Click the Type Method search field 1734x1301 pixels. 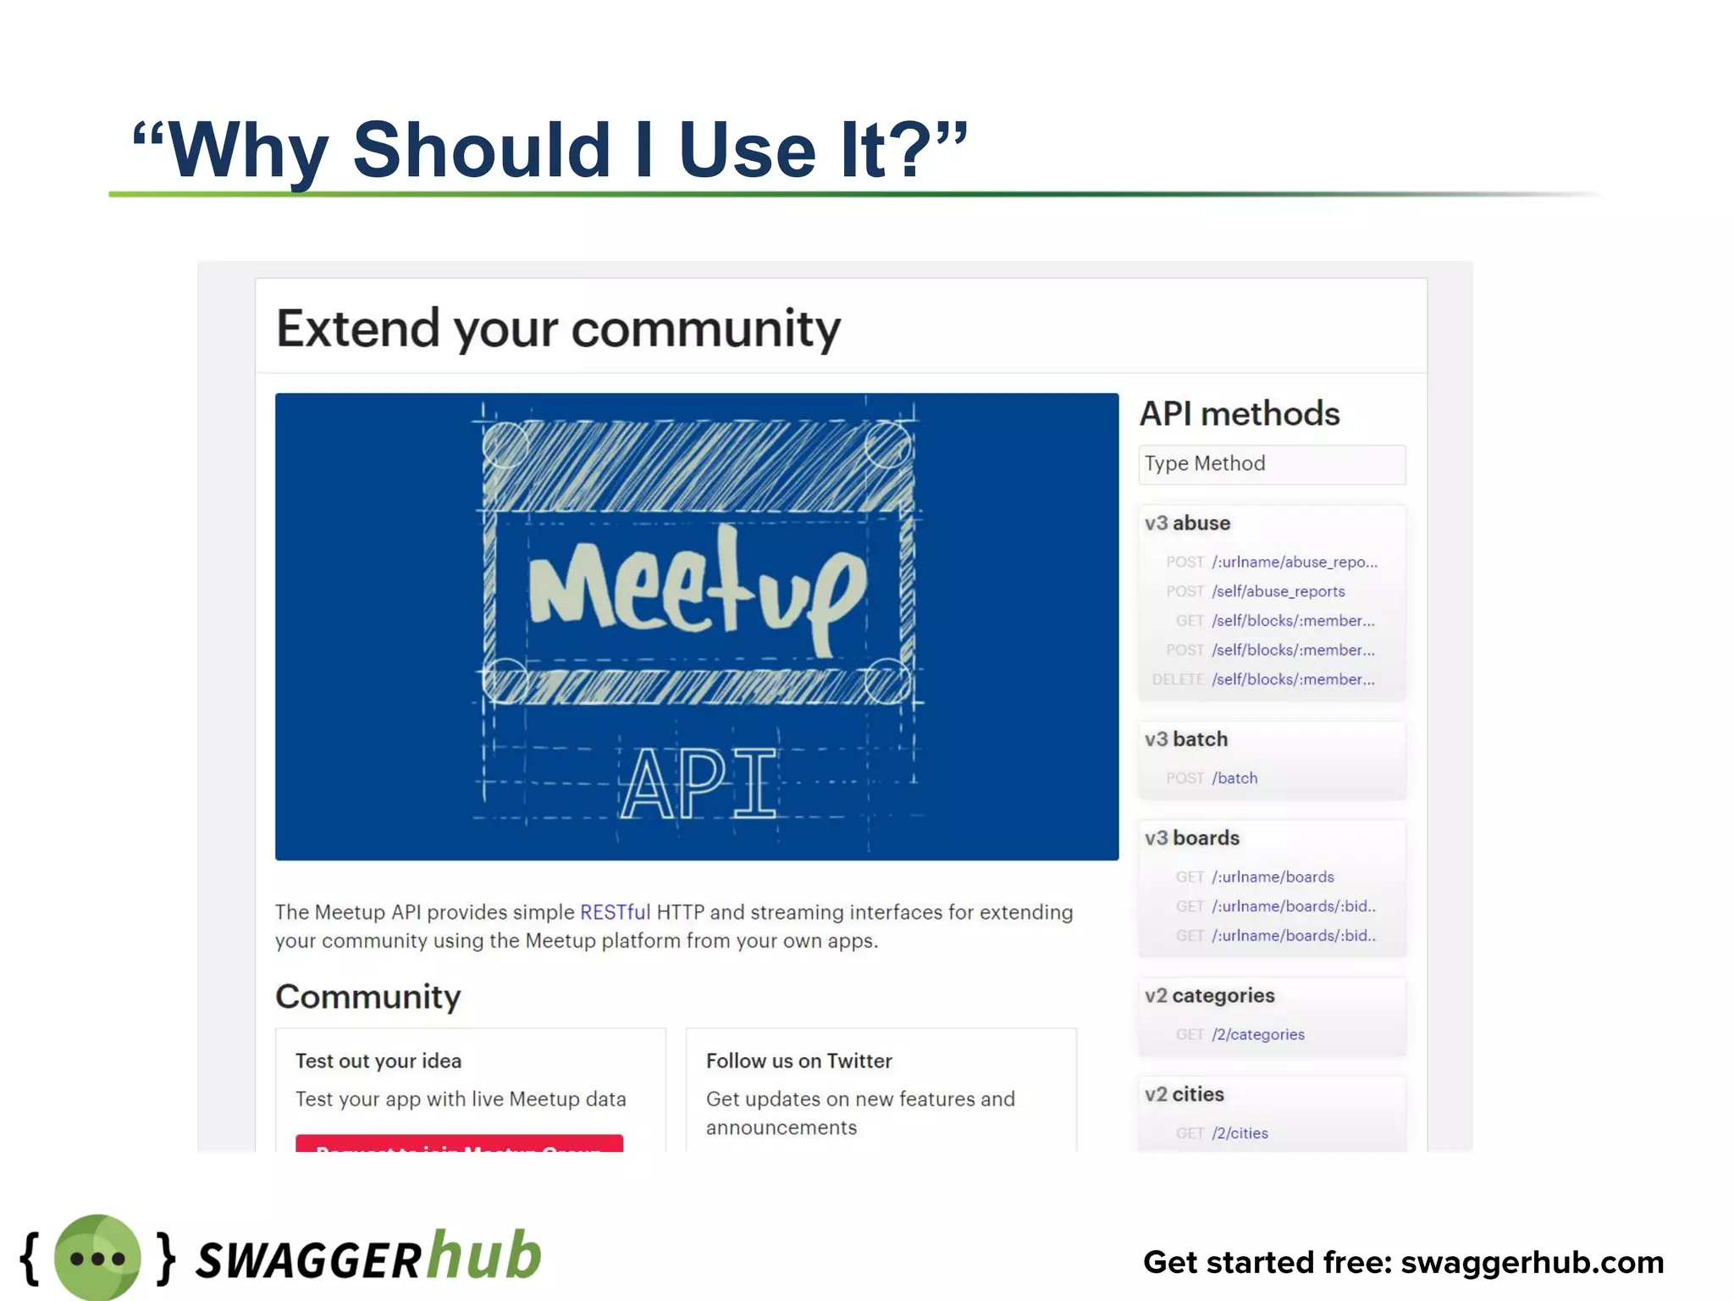click(x=1271, y=464)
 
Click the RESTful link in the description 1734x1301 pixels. click(x=615, y=912)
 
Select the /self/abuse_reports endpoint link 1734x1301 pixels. click(x=1278, y=591)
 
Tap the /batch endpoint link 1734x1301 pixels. click(x=1234, y=778)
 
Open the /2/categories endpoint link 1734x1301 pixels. click(x=1257, y=1034)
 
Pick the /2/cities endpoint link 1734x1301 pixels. click(x=1240, y=1133)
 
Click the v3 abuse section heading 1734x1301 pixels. click(x=1187, y=523)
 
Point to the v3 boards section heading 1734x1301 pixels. click(x=1192, y=839)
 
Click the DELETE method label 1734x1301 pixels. click(x=1178, y=679)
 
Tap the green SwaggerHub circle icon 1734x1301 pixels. click(x=97, y=1258)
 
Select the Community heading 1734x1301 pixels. click(x=368, y=997)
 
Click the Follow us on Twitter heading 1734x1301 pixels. click(x=798, y=1061)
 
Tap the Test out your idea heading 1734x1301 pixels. click(x=378, y=1061)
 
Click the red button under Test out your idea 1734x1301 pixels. click(x=459, y=1143)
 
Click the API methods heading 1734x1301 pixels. click(x=1240, y=414)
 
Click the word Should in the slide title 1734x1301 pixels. click(x=481, y=151)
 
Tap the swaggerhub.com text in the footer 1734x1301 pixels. click(x=1532, y=1263)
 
